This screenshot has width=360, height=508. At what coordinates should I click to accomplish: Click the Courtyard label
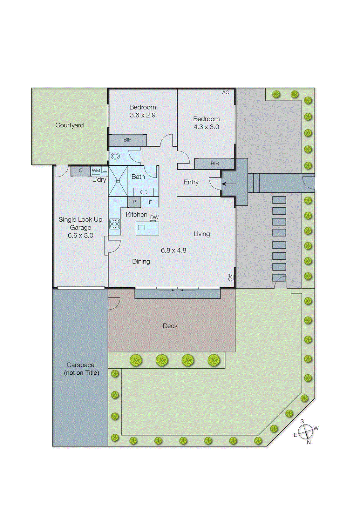coord(69,125)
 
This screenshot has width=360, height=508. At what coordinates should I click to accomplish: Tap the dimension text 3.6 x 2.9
coord(143,115)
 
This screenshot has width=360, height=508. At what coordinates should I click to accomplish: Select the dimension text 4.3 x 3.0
coord(206,127)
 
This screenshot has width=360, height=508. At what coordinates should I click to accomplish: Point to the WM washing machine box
coord(96,171)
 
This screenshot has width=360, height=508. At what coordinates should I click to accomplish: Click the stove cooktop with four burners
coord(115,224)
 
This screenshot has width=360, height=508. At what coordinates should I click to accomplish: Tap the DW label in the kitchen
coord(154,217)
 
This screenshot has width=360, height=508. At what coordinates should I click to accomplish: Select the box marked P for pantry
coord(134,202)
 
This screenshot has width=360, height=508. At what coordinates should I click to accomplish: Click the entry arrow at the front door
coord(229,184)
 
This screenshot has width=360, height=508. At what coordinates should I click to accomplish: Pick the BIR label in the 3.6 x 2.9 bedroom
coord(127,140)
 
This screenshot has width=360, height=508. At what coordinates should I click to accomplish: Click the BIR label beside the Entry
coord(215,164)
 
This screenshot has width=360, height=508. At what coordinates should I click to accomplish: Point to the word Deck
coord(170,326)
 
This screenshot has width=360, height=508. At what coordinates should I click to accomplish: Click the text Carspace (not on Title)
coord(81,369)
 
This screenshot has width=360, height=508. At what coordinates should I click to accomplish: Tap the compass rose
coord(305,432)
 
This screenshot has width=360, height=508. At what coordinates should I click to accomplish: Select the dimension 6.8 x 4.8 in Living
coord(173,250)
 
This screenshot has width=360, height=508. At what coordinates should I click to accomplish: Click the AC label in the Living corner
coord(230,277)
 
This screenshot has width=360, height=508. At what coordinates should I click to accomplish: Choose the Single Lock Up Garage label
coord(80,227)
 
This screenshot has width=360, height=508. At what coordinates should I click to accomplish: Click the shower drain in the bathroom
coord(118,181)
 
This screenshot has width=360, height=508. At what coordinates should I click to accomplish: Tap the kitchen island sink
coord(141,227)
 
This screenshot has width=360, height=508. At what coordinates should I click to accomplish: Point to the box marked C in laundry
coord(80,171)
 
